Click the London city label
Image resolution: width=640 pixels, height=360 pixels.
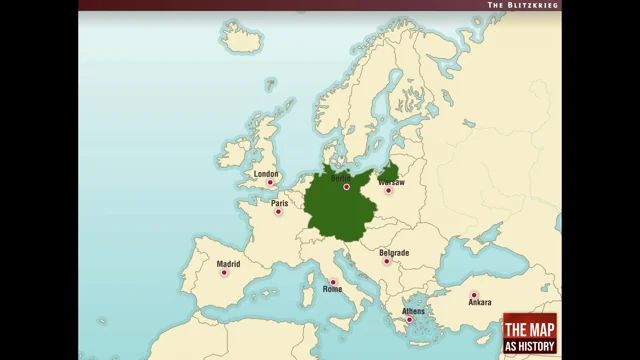266,174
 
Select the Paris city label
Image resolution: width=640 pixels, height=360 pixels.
280,202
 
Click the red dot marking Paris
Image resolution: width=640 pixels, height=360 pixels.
278,211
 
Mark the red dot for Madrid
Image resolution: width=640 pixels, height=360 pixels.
224,273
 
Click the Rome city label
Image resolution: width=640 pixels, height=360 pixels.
332,289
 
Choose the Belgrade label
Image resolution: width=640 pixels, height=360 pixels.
394,253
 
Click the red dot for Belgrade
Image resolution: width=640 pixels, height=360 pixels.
388,262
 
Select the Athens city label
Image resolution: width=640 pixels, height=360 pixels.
413,311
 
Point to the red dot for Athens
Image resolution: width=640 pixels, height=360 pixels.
408,320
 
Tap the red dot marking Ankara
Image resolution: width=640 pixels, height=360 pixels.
474,294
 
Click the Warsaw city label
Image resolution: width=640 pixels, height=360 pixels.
392,182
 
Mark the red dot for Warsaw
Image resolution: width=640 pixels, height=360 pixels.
388,190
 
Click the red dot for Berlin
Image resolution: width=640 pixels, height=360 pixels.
347,187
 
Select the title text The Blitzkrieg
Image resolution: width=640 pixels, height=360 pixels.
522,5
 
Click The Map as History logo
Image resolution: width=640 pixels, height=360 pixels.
529,333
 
